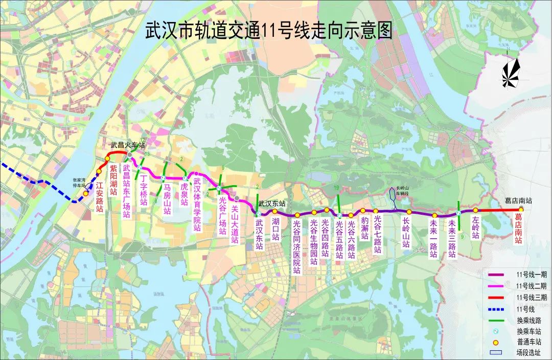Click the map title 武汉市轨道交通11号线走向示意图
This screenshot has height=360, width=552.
click(269, 31)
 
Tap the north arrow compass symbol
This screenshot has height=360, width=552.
click(510, 72)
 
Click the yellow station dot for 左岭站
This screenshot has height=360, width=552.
click(475, 210)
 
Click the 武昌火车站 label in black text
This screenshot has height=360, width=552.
click(128, 145)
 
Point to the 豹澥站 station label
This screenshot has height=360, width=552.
click(364, 227)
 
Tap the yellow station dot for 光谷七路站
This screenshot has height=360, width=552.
click(376, 211)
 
